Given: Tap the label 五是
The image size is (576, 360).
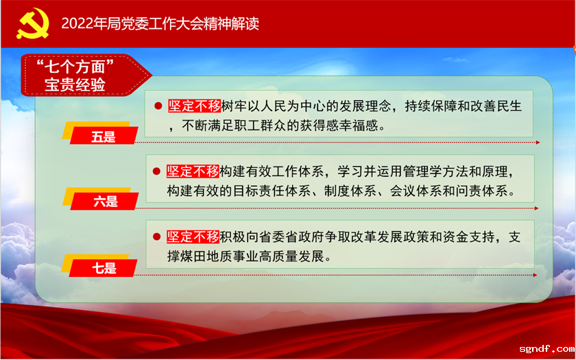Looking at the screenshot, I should [x=104, y=136].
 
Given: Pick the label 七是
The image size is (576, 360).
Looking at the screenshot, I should [x=104, y=268].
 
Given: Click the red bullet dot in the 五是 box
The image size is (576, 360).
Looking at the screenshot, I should [x=158, y=106].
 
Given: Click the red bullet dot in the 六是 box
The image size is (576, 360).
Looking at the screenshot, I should [x=158, y=171].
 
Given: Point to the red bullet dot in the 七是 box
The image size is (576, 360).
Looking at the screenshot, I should [x=158, y=237].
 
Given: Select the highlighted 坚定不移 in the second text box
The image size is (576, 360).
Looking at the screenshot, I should [x=193, y=171].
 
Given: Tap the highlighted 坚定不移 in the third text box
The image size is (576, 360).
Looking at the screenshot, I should [x=193, y=237].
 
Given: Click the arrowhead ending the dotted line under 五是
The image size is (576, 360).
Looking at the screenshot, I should [x=538, y=143].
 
